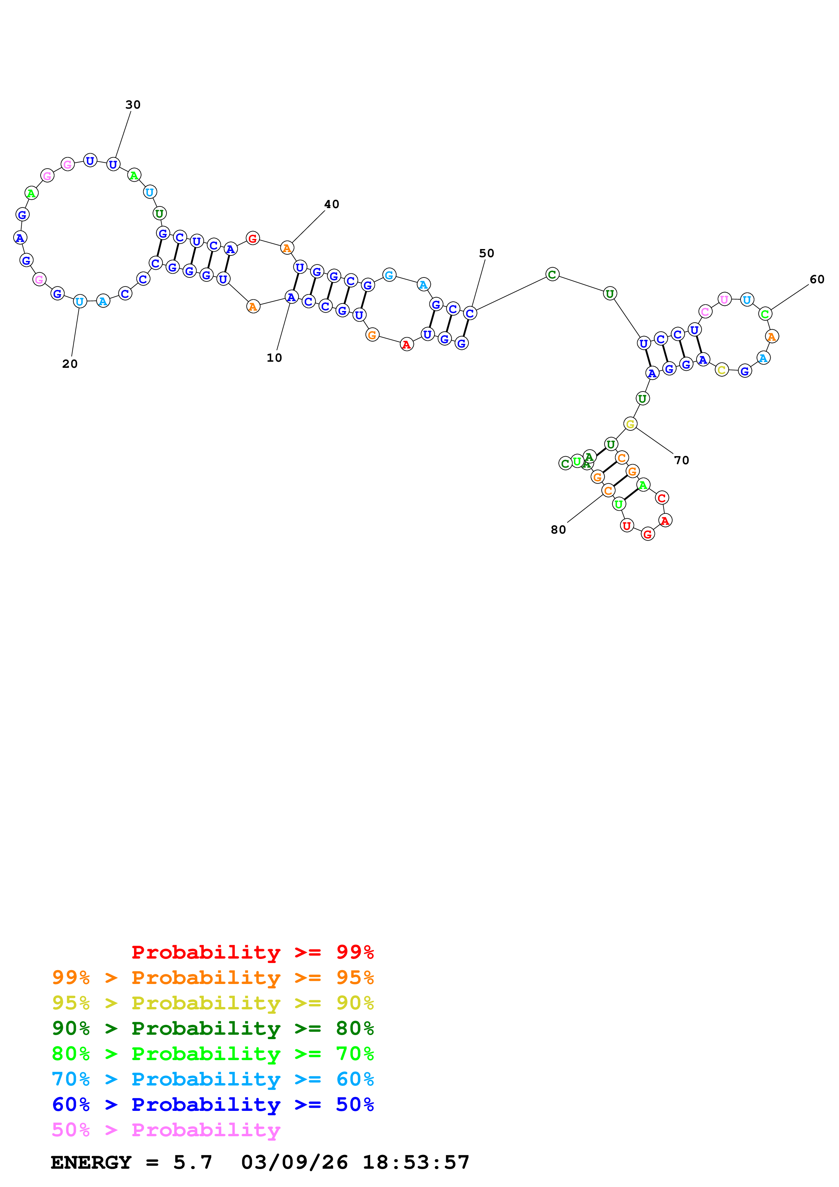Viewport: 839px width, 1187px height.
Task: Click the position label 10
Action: click(274, 358)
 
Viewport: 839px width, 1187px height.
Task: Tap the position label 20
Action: click(70, 364)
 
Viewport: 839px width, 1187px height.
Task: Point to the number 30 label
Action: click(133, 105)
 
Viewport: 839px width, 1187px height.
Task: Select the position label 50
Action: click(486, 253)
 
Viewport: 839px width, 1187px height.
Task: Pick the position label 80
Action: click(558, 530)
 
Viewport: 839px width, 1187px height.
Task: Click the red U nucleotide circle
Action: click(626, 526)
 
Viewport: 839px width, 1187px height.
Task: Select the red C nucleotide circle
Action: click(662, 498)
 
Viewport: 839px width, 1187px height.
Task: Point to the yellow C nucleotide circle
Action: click(722, 369)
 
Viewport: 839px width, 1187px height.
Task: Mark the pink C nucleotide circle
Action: click(705, 311)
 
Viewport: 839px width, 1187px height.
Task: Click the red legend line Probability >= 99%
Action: click(252, 952)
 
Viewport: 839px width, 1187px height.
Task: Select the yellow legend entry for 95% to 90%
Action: click(213, 1003)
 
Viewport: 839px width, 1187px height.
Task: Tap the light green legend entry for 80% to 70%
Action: click(213, 1054)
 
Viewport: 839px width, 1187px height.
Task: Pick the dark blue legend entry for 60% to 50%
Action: click(213, 1104)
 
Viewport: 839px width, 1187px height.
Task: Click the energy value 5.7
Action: click(192, 1162)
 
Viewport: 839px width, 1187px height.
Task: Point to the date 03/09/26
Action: click(294, 1162)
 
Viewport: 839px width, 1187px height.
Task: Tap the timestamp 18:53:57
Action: click(416, 1162)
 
